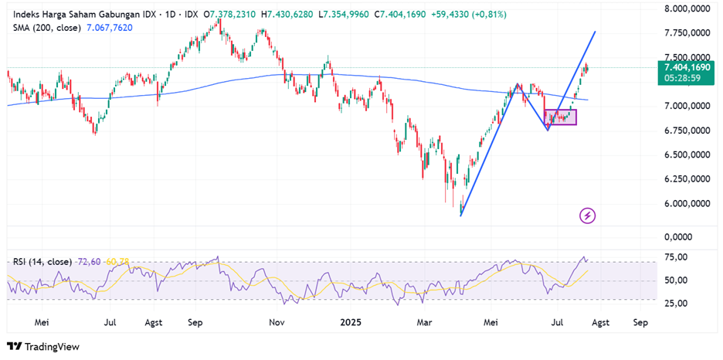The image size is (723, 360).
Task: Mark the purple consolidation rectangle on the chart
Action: tap(560, 117)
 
